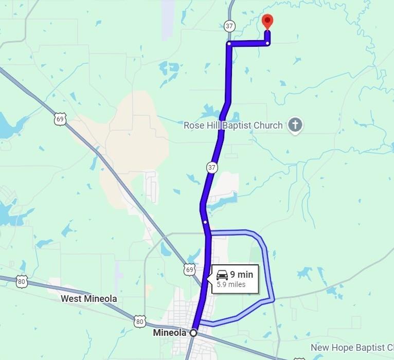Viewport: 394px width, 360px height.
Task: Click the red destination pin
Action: (x=267, y=21)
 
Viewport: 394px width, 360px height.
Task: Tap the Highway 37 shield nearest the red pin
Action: (x=229, y=26)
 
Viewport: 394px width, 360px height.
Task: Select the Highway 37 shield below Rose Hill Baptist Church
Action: (x=212, y=168)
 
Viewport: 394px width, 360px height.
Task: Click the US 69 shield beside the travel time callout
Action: (x=189, y=269)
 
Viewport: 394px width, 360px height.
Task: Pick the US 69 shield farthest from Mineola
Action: (x=61, y=119)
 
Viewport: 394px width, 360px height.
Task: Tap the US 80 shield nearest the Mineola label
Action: (x=140, y=321)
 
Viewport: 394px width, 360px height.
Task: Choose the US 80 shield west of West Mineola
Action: (x=21, y=281)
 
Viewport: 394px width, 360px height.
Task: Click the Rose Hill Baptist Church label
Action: (x=233, y=125)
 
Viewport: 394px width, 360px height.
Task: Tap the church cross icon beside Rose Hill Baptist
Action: (x=295, y=124)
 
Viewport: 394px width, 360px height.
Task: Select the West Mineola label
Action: (x=88, y=299)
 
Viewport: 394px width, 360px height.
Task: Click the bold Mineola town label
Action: (x=169, y=333)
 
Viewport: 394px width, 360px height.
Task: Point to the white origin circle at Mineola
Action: (x=193, y=333)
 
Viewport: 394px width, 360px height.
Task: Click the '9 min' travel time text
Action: (x=241, y=274)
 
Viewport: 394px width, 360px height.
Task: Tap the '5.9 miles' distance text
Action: (x=231, y=284)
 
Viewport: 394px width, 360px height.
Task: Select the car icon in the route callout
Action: (x=222, y=274)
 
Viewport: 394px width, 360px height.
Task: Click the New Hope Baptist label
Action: (x=352, y=348)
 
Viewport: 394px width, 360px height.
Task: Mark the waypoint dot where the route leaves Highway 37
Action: (x=229, y=44)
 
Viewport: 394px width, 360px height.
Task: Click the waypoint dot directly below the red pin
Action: (x=267, y=43)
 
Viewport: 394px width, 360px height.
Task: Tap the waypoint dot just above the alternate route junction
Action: (x=205, y=222)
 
